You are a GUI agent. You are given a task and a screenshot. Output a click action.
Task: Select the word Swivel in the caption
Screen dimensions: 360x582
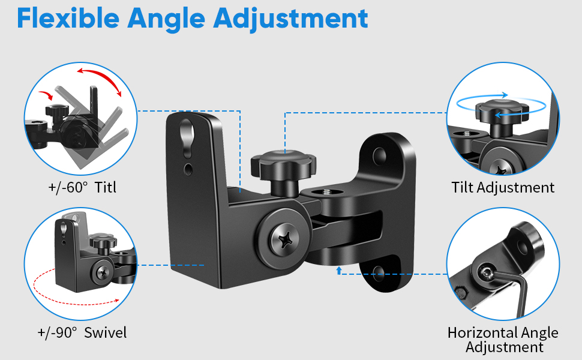pos(105,332)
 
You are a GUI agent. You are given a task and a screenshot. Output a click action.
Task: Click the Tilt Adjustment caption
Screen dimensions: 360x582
pos(503,188)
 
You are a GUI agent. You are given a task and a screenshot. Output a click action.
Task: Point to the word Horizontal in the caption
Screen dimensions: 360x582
pos(480,333)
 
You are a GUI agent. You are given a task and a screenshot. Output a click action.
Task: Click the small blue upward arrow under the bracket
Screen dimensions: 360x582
pos(339,271)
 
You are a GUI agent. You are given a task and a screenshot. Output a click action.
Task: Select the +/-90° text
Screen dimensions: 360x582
pos(57,332)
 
